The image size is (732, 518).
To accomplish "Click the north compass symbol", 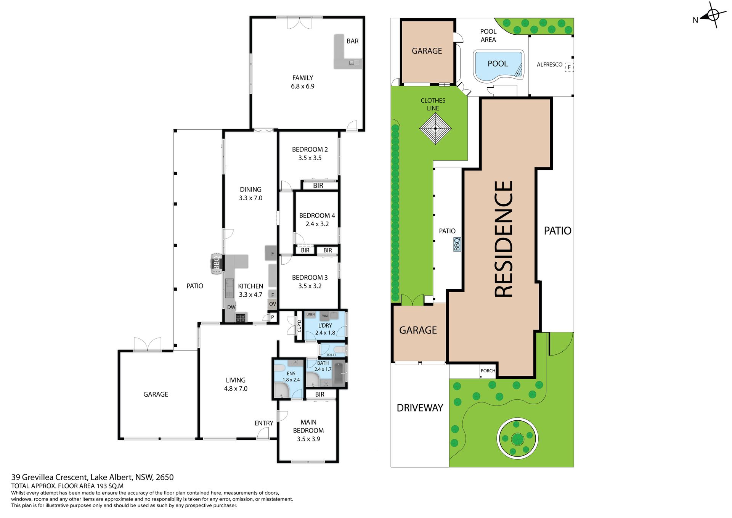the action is [x=711, y=15].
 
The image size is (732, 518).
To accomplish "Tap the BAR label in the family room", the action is [x=352, y=41].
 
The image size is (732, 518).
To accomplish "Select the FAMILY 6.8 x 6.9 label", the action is [x=303, y=82].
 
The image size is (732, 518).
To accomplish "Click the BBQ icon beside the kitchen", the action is [x=216, y=264].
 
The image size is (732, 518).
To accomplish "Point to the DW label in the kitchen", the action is [x=231, y=307].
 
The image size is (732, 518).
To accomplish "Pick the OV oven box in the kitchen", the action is [x=272, y=304].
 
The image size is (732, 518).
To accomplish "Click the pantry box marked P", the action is [x=273, y=317].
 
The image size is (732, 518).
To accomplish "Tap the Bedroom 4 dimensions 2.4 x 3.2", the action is [x=317, y=224].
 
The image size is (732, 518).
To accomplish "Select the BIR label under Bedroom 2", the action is [x=318, y=186].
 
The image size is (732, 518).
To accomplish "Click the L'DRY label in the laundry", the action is [x=325, y=325].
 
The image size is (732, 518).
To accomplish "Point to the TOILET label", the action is [x=331, y=355].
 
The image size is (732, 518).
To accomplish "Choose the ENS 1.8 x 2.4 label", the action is [x=291, y=376].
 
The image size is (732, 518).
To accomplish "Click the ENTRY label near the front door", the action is [x=264, y=423].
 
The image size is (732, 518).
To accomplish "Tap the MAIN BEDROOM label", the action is [x=308, y=426].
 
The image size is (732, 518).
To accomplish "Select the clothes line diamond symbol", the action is [x=435, y=129].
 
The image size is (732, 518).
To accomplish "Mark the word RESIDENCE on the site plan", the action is [x=503, y=239].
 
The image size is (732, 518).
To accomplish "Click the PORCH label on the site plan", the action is [x=488, y=371].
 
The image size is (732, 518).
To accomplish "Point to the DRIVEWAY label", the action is [x=420, y=408].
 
